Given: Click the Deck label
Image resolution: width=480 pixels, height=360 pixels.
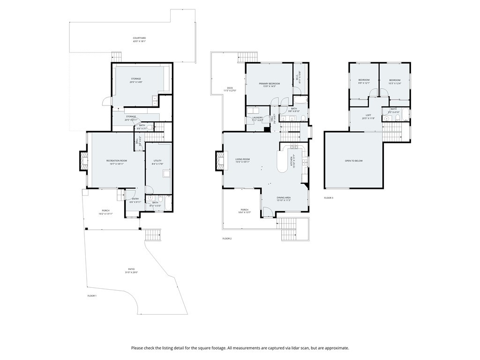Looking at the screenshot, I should [x=230, y=89].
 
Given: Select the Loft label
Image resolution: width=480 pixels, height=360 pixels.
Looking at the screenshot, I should [x=368, y=117].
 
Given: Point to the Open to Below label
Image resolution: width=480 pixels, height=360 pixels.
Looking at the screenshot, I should [x=353, y=161].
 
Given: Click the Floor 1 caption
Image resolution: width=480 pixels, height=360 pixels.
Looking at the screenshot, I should [x=92, y=296].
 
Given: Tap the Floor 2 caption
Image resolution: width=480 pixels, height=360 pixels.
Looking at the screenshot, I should [x=227, y=239].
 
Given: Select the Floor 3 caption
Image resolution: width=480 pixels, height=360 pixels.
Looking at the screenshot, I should [x=329, y=198].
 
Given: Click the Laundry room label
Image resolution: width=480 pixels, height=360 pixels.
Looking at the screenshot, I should [x=257, y=119].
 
